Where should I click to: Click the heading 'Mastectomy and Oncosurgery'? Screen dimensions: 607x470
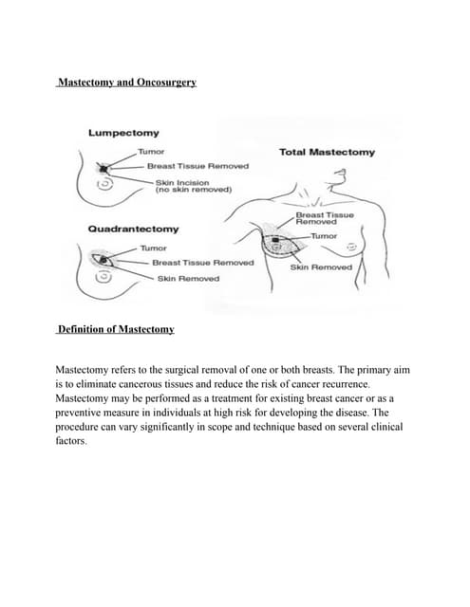click(x=126, y=83)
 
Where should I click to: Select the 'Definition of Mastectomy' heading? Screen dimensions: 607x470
click(x=116, y=329)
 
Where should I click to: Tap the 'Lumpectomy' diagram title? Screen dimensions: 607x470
click(x=123, y=133)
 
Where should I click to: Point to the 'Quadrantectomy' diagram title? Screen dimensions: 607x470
click(x=133, y=230)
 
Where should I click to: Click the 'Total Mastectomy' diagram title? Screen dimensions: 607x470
click(x=327, y=152)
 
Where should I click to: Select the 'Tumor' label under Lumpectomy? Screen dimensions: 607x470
click(x=151, y=151)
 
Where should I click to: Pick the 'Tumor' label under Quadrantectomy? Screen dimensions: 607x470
click(x=153, y=248)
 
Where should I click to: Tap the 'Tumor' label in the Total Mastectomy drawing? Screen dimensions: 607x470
click(x=325, y=234)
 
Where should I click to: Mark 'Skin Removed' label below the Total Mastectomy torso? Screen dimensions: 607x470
click(x=321, y=267)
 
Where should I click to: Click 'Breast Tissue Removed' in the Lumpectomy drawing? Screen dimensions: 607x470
click(x=197, y=166)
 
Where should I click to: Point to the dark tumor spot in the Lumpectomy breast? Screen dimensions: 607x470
click(x=103, y=168)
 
